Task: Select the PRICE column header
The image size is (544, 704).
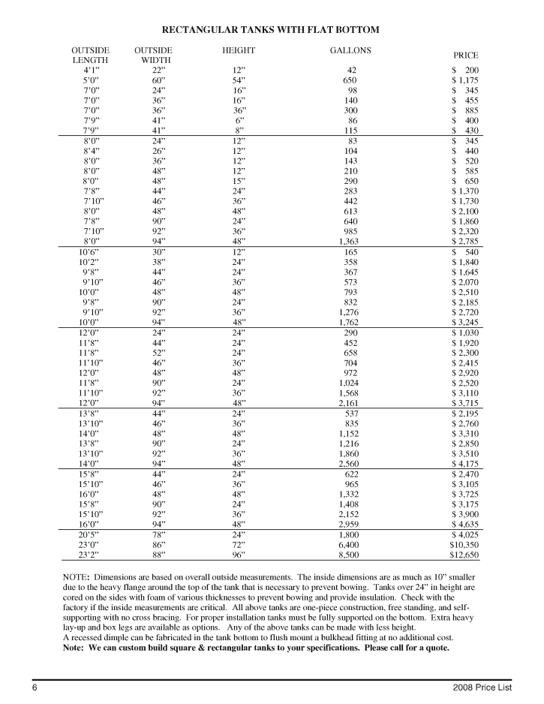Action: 466,55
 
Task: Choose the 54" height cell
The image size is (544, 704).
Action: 239,80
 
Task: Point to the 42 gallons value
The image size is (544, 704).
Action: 350,69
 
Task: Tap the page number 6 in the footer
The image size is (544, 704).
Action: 34,689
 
